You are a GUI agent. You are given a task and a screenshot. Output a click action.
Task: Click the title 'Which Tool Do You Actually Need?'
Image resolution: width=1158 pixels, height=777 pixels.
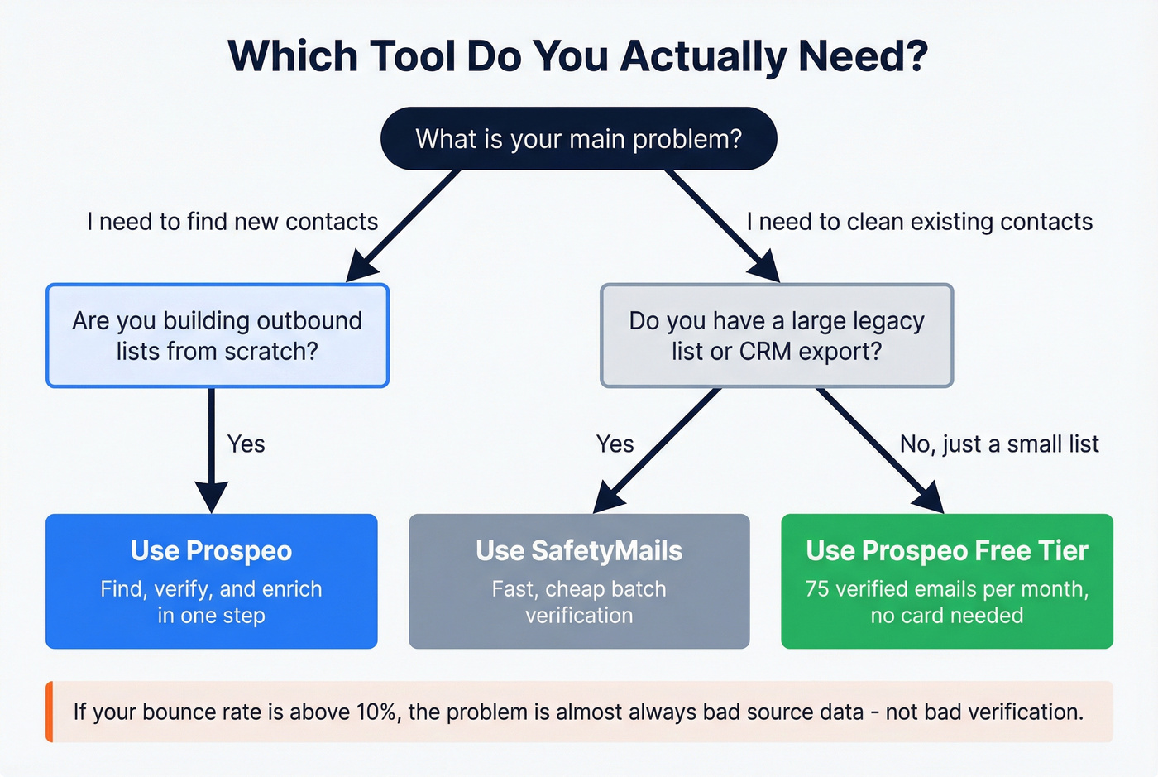pyautogui.click(x=578, y=56)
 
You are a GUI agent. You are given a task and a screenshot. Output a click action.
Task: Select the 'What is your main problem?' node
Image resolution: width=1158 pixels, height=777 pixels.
pyautogui.click(x=578, y=139)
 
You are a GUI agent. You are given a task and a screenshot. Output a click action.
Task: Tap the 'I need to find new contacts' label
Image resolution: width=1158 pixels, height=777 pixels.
pyautogui.click(x=232, y=222)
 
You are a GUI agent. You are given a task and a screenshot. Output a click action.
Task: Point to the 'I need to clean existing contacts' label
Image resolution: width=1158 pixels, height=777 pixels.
pyautogui.click(x=919, y=222)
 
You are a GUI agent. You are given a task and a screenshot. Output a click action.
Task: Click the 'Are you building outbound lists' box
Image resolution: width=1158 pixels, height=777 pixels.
pyautogui.click(x=218, y=336)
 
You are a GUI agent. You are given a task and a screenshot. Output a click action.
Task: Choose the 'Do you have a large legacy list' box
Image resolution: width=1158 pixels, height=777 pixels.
pyautogui.click(x=777, y=336)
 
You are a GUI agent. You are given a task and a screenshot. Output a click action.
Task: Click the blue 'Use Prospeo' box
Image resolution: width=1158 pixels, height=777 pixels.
pyautogui.click(x=212, y=581)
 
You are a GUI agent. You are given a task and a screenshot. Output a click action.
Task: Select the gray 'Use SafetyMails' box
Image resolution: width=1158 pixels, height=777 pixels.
pyautogui.click(x=579, y=581)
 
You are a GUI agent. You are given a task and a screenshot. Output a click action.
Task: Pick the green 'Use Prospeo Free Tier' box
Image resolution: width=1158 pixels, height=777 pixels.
pyautogui.click(x=947, y=581)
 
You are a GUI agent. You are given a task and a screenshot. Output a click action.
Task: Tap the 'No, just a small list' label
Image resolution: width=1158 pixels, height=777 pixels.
pyautogui.click(x=999, y=444)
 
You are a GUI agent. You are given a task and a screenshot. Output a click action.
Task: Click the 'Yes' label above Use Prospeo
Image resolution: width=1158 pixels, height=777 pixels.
pyautogui.click(x=246, y=444)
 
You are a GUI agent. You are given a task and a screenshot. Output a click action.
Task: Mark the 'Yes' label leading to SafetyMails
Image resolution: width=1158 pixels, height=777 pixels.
pyautogui.click(x=615, y=444)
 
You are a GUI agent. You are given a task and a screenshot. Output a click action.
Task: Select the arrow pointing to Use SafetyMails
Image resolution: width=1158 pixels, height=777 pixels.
pyautogui.click(x=658, y=451)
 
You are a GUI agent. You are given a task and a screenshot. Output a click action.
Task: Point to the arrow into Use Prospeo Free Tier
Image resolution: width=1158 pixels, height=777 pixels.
pyautogui.click(x=881, y=451)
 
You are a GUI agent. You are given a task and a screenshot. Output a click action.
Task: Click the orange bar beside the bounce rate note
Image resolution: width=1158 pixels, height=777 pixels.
pyautogui.click(x=50, y=712)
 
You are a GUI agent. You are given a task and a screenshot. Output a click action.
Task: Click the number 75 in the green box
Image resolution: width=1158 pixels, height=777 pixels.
pyautogui.click(x=817, y=589)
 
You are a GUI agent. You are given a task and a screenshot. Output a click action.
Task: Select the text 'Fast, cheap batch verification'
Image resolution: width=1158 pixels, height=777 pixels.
pyautogui.click(x=579, y=602)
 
